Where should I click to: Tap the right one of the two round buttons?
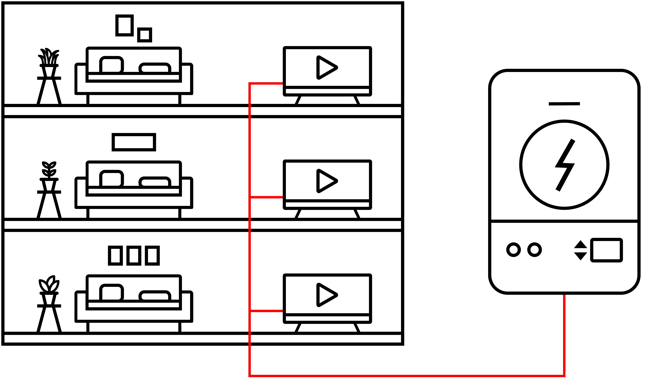(535, 250)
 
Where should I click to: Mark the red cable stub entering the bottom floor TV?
(267, 311)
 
